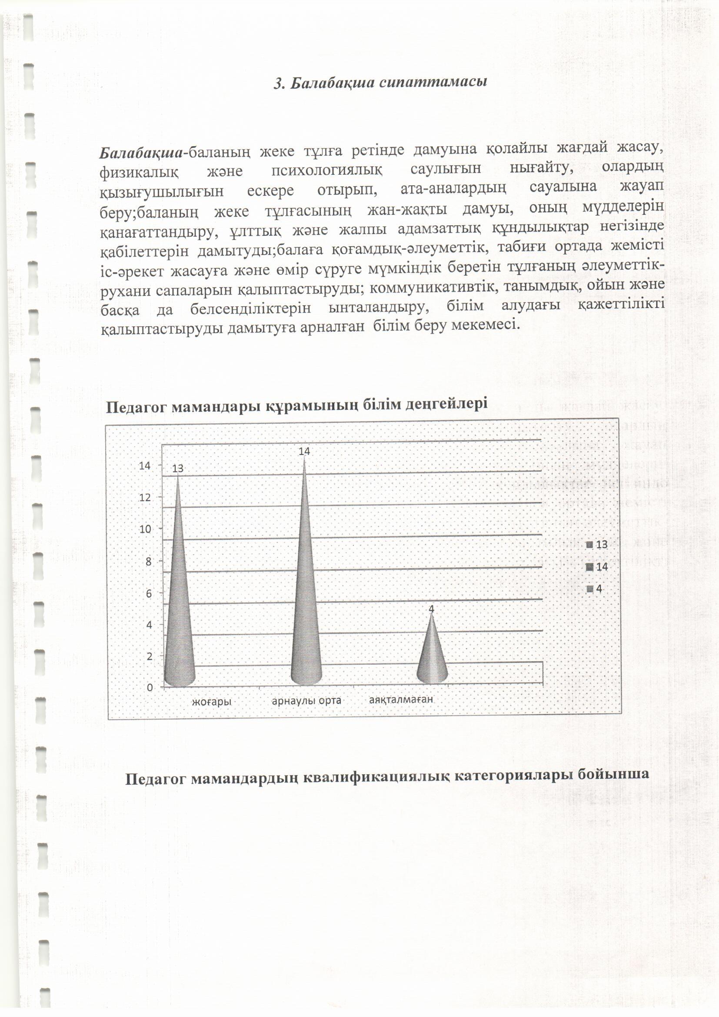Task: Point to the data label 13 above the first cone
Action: click(x=177, y=468)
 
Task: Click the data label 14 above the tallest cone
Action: click(x=304, y=452)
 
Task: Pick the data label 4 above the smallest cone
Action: click(x=432, y=609)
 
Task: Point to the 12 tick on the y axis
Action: click(x=145, y=498)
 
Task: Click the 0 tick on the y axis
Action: click(x=150, y=687)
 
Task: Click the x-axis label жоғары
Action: click(x=212, y=702)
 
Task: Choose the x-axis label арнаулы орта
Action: click(x=306, y=701)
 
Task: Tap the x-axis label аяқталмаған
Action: click(x=401, y=699)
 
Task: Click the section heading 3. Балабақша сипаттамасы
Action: click(x=380, y=83)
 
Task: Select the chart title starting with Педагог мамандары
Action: click(x=296, y=405)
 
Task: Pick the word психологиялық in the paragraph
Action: click(x=327, y=170)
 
